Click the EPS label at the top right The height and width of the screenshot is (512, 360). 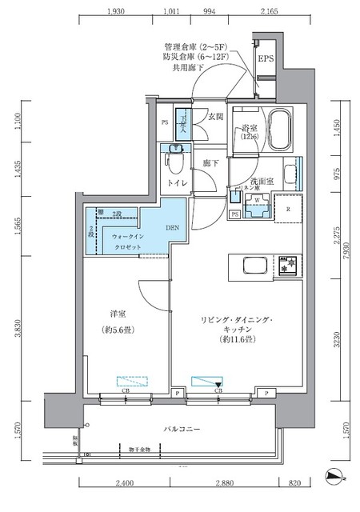tap(265, 59)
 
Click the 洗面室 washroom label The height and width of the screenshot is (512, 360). tap(261, 182)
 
